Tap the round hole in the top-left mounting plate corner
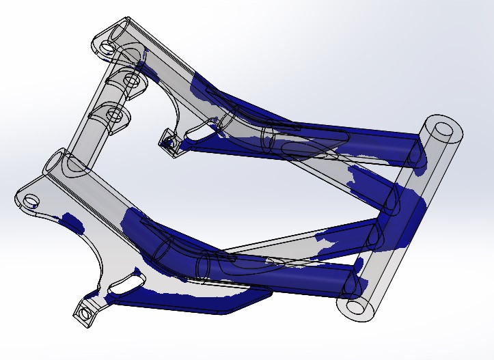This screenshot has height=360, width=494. [x=107, y=48]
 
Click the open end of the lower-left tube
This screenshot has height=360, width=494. [x=58, y=164]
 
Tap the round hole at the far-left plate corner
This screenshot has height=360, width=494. [x=31, y=201]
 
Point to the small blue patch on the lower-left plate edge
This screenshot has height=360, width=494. [x=70, y=220]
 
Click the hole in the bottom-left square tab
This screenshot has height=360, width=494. [x=84, y=314]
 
